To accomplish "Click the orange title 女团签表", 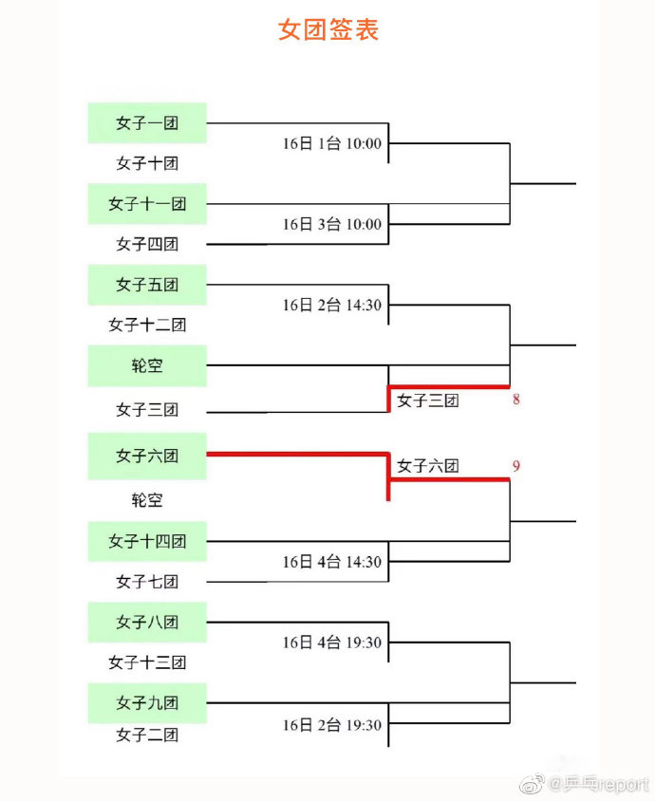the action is [328, 29].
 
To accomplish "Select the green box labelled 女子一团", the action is [147, 123].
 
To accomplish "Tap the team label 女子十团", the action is [147, 163].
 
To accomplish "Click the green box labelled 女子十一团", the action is [147, 204].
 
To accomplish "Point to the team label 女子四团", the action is [147, 244].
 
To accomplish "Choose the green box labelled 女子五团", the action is [147, 285].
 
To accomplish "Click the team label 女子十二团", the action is [147, 325].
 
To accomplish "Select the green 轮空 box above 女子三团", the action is [147, 365].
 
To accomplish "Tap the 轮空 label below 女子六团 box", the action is [147, 499].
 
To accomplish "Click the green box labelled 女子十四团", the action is [147, 542].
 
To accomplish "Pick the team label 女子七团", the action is [147, 582].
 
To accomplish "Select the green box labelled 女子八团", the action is [147, 623].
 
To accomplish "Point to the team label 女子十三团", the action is [147, 662].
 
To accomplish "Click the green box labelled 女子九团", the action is [147, 703].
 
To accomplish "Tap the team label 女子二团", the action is [147, 736].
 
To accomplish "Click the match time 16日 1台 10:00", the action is [332, 143].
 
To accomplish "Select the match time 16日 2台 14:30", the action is [332, 305].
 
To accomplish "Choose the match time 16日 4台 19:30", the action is [332, 643].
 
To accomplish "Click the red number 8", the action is [516, 399].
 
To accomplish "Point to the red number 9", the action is [516, 466].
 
